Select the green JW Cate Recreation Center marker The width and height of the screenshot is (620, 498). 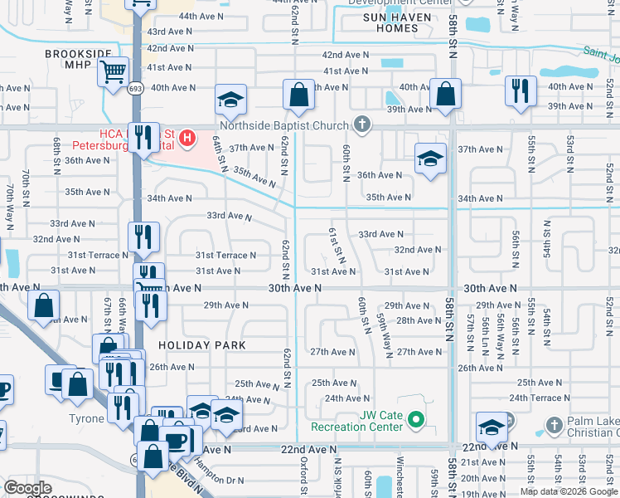pos(417,420)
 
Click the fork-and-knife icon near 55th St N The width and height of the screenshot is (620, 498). pos(520,90)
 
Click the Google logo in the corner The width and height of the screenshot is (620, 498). pos(27,488)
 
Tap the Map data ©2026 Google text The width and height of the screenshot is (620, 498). pos(569,491)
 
